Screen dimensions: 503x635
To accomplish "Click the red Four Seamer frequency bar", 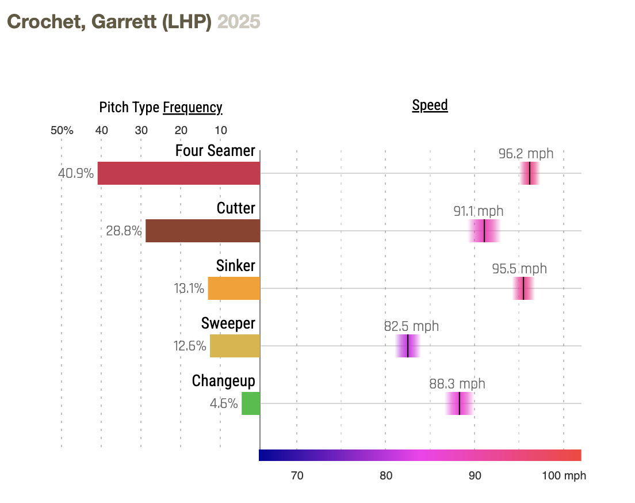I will (x=179, y=173).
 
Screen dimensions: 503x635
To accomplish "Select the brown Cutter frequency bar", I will (x=202, y=231).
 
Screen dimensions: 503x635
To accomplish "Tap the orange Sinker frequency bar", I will (x=234, y=288).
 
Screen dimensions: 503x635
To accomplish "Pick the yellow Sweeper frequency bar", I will (x=235, y=346).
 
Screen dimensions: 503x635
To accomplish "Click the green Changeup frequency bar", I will (x=250, y=403).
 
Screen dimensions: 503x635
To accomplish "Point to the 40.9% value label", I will (x=76, y=173).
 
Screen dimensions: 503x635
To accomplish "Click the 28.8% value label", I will (x=124, y=231).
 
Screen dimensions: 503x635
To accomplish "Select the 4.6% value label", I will (x=224, y=403).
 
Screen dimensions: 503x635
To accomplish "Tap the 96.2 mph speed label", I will (x=526, y=154).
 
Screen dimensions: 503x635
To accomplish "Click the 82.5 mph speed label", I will (x=411, y=326).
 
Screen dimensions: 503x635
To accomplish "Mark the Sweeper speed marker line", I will (x=408, y=346).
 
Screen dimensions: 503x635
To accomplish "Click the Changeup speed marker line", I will (x=460, y=403).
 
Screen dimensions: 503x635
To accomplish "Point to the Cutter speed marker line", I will (x=484, y=231).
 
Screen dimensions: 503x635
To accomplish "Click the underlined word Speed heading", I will (x=430, y=105).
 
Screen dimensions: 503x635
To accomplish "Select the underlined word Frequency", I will (x=192, y=108).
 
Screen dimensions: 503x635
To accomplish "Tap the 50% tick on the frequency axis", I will (x=62, y=130).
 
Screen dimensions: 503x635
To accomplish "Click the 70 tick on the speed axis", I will (x=297, y=476).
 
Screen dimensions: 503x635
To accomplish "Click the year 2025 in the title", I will (x=239, y=22).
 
